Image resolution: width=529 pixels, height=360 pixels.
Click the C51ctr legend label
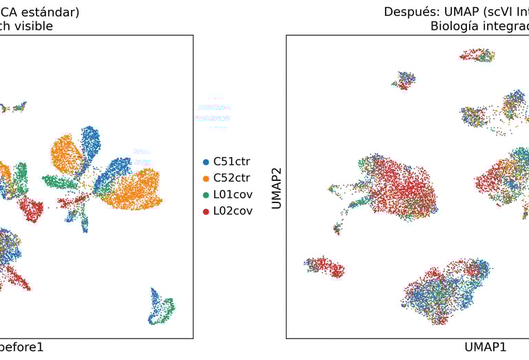[231, 162]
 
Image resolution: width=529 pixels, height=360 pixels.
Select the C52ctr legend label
[231, 178]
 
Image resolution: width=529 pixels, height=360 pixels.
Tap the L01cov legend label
[232, 195]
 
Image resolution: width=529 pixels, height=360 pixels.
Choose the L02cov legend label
[232, 211]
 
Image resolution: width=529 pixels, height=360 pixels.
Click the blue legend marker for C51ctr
[206, 162]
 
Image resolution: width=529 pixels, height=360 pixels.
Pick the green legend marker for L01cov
[206, 195]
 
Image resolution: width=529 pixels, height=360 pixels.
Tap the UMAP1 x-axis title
[486, 347]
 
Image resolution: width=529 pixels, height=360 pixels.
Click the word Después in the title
[411, 12]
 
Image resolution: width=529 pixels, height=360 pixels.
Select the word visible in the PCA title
[34, 26]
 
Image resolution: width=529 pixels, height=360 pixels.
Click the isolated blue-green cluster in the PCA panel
[161, 307]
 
